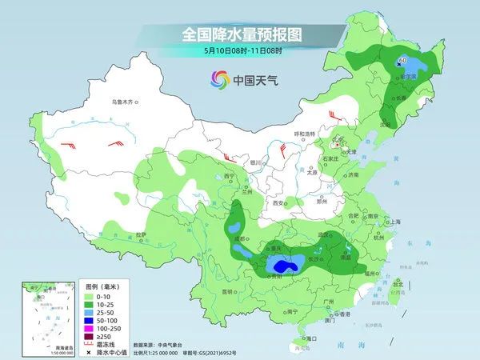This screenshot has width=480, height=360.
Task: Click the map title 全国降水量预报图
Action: tap(239, 34)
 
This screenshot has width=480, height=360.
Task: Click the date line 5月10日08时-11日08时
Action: tap(239, 50)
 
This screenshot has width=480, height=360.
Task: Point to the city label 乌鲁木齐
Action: tap(126, 102)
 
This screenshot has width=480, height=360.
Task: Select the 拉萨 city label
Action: tap(142, 234)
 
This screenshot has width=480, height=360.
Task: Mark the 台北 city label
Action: tap(399, 282)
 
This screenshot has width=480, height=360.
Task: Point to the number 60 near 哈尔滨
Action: tap(402, 60)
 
